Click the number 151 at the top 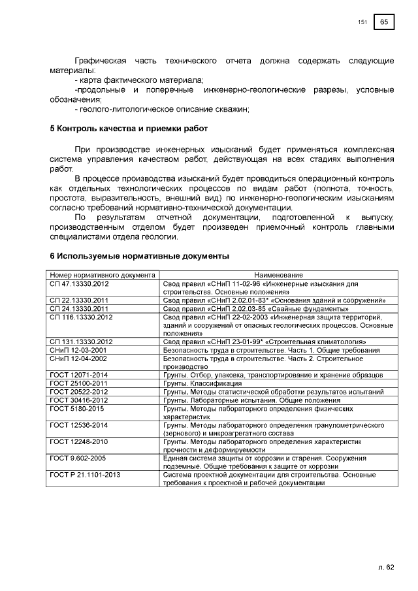[x=363, y=23]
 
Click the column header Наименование [x=278, y=276]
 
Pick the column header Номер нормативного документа [x=103, y=276]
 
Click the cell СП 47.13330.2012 [x=80, y=285]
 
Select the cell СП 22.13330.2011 [x=80, y=301]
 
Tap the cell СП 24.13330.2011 [x=80, y=309]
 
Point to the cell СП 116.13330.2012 [x=82, y=317]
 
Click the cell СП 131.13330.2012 [x=82, y=342]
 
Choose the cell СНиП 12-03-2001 [x=78, y=350]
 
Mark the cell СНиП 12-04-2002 [x=78, y=359]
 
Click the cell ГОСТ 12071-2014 [x=79, y=375]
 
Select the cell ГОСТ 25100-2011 [x=79, y=383]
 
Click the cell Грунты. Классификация [x=193, y=383]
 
